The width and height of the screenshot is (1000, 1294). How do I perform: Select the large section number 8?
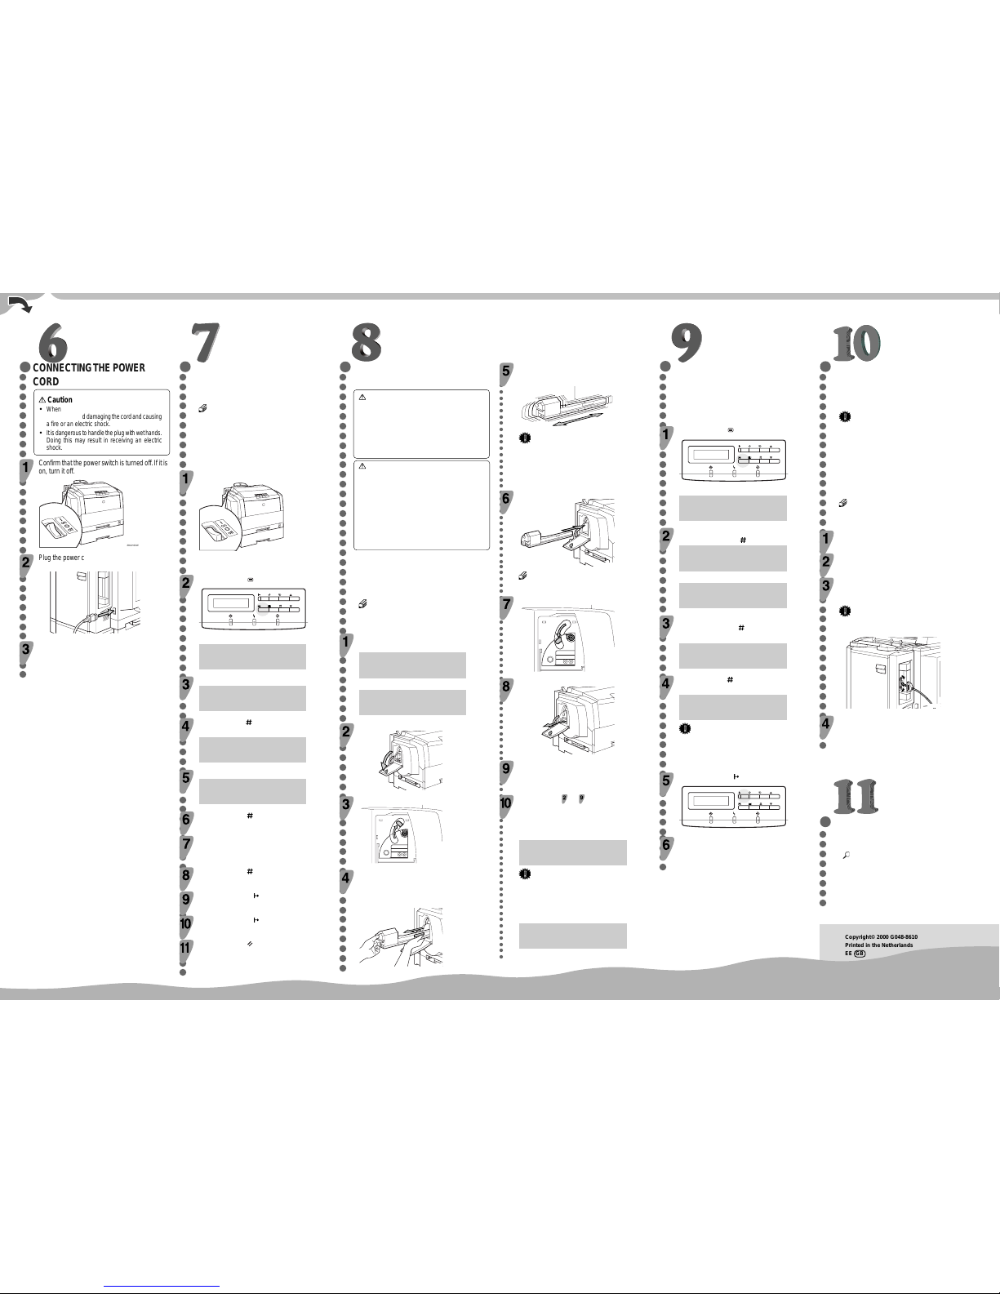click(x=367, y=342)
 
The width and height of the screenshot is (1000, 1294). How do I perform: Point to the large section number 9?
click(x=687, y=343)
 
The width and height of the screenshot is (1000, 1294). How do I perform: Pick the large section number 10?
click(x=856, y=343)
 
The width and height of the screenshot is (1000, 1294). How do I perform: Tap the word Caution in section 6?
click(x=60, y=400)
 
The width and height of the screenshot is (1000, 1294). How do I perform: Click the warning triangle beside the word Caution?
click(x=42, y=400)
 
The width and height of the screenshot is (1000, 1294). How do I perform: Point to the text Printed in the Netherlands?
click(x=878, y=945)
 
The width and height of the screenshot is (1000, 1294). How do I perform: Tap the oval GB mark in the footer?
click(x=859, y=954)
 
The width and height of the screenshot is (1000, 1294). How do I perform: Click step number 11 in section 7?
click(x=185, y=948)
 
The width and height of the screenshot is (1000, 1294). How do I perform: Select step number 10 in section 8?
click(x=506, y=803)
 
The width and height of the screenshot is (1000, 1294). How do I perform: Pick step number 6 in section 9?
click(x=666, y=845)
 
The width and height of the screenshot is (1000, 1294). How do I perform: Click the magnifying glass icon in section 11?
click(x=846, y=855)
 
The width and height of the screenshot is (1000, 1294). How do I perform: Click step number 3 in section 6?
click(x=26, y=649)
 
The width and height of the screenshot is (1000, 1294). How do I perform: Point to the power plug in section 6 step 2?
click(x=104, y=612)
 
